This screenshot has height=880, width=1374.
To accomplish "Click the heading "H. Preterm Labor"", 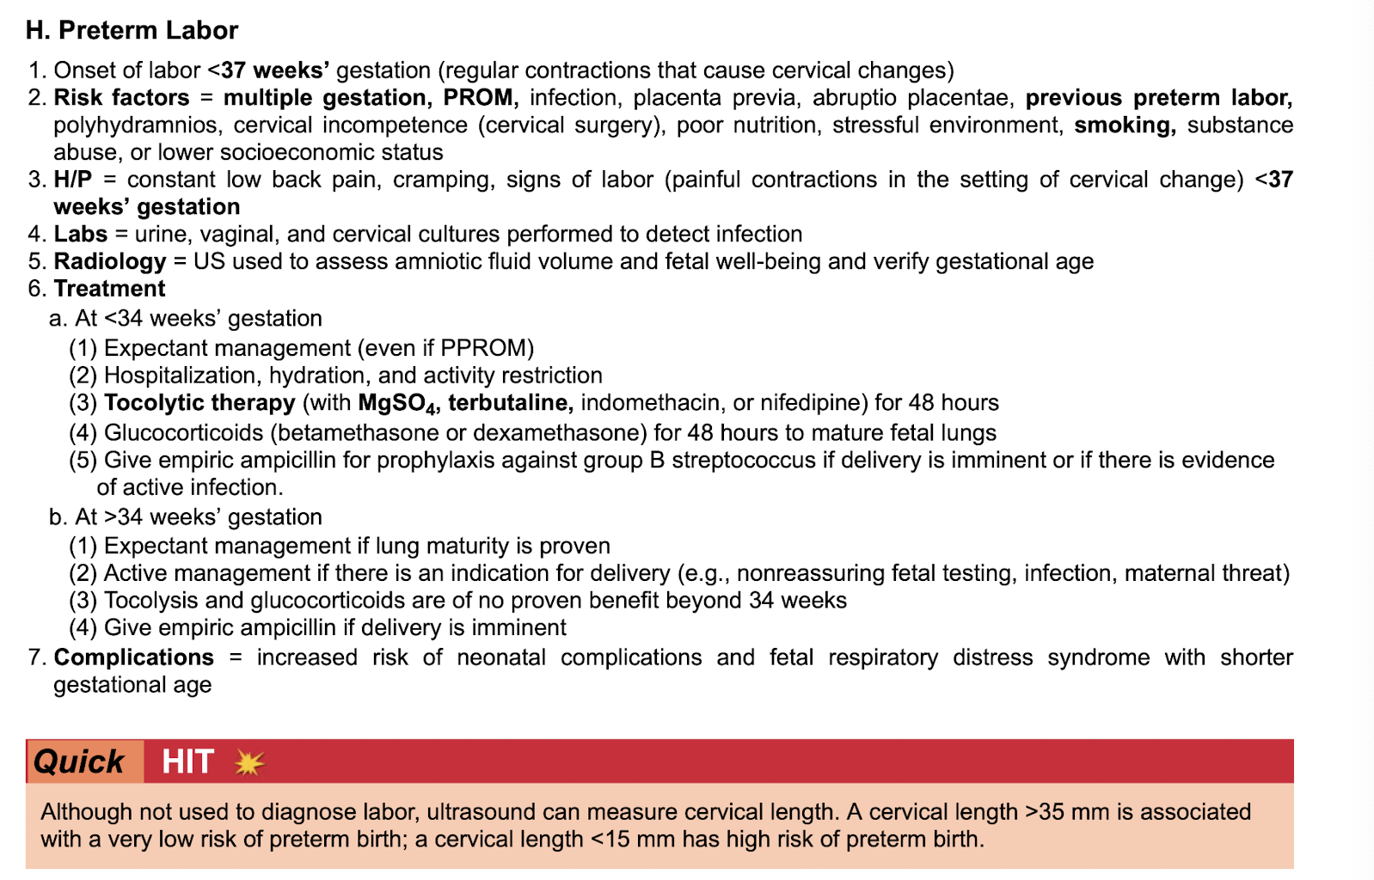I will pos(132,30).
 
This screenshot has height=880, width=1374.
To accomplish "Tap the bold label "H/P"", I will pos(72,180).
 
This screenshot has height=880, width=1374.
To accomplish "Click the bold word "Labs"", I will pos(80,234).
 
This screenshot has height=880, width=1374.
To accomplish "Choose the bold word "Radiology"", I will pos(109,261).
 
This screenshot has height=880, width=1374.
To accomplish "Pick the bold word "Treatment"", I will pos(109,289).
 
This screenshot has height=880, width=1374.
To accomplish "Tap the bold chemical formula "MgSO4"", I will pos(398,404).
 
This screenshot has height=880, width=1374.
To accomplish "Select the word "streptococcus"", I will pos(743,460).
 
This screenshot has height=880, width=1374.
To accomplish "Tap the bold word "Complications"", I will pos(133,657).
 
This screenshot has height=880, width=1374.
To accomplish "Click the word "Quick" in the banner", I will pos(79,761).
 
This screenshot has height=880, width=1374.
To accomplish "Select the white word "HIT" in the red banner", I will pos(187,761).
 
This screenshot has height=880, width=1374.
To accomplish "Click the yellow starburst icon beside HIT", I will pos(249,762).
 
